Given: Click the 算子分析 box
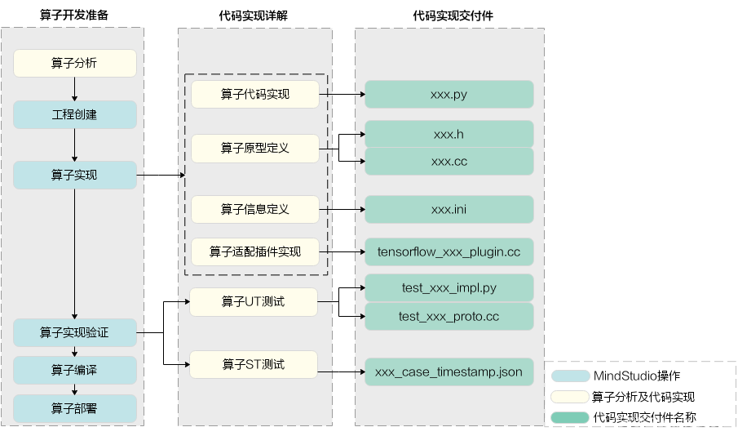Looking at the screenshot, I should click(x=74, y=64).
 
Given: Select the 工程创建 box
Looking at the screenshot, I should click(x=74, y=115).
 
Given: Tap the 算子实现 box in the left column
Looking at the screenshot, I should click(x=74, y=175).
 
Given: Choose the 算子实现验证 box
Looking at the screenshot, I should click(x=74, y=332).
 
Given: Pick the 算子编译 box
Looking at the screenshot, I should click(x=74, y=370).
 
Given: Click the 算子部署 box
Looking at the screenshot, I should click(x=74, y=408).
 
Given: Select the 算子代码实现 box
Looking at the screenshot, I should click(x=254, y=95).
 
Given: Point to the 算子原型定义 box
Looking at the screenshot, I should click(x=254, y=149).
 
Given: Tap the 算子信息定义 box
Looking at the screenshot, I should click(x=254, y=210).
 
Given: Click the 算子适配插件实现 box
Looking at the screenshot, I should click(x=254, y=251).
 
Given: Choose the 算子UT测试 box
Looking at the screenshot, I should click(x=253, y=302).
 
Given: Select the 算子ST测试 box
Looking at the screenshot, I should click(x=253, y=364).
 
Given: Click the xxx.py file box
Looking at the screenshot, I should click(x=449, y=95).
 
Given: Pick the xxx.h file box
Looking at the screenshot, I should click(x=449, y=134).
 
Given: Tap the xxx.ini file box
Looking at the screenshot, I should click(x=449, y=210).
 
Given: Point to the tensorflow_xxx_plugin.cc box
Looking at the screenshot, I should click(x=449, y=251).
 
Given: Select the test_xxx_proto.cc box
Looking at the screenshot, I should click(x=449, y=317).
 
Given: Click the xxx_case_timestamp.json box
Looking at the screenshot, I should click(x=449, y=372).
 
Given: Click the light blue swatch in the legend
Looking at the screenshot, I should click(x=570, y=376).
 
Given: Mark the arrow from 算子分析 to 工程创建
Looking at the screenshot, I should click(x=74, y=89).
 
